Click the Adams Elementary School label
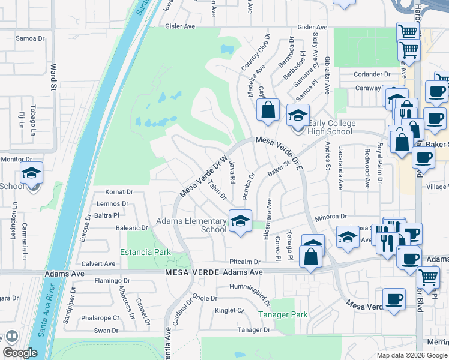pyautogui.click(x=191, y=225)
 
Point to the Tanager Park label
pyautogui.click(x=283, y=314)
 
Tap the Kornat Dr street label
pyautogui.click(x=118, y=193)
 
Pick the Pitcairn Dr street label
pyautogui.click(x=244, y=262)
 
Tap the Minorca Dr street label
pyautogui.click(x=332, y=217)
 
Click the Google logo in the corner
pyautogui.click(x=20, y=353)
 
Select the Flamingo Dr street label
pyautogui.click(x=112, y=280)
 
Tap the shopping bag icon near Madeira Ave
pyautogui.click(x=268, y=111)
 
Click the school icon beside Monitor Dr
pyautogui.click(x=31, y=174)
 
